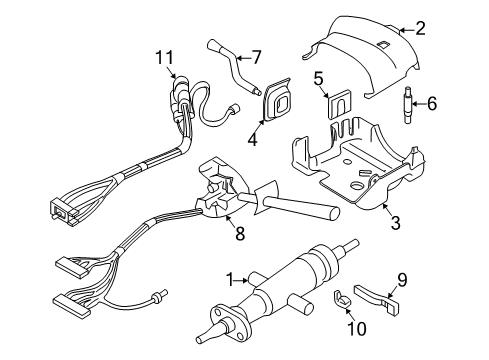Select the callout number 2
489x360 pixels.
point(448,29)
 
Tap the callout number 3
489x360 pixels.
point(395,223)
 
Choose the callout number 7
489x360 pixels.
point(256,57)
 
